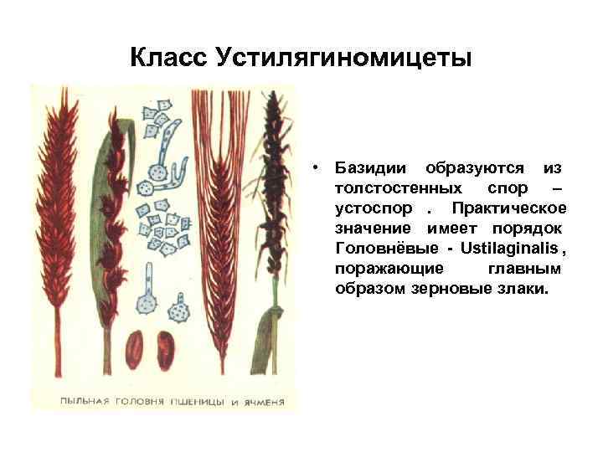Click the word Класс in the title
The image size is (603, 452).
(x=169, y=58)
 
